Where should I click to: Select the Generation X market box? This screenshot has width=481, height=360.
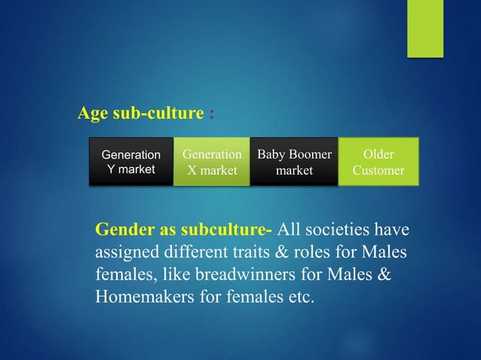click(x=212, y=162)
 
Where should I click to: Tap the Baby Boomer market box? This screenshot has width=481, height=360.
click(x=294, y=162)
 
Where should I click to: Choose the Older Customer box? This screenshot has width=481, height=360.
click(x=378, y=162)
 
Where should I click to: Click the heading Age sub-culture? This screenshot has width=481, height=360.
click(x=141, y=114)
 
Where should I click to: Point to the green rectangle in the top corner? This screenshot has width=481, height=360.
click(x=425, y=28)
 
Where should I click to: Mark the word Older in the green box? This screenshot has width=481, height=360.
click(x=378, y=155)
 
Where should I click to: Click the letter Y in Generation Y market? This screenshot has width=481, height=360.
click(x=112, y=169)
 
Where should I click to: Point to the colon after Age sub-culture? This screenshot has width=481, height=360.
click(x=211, y=114)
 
